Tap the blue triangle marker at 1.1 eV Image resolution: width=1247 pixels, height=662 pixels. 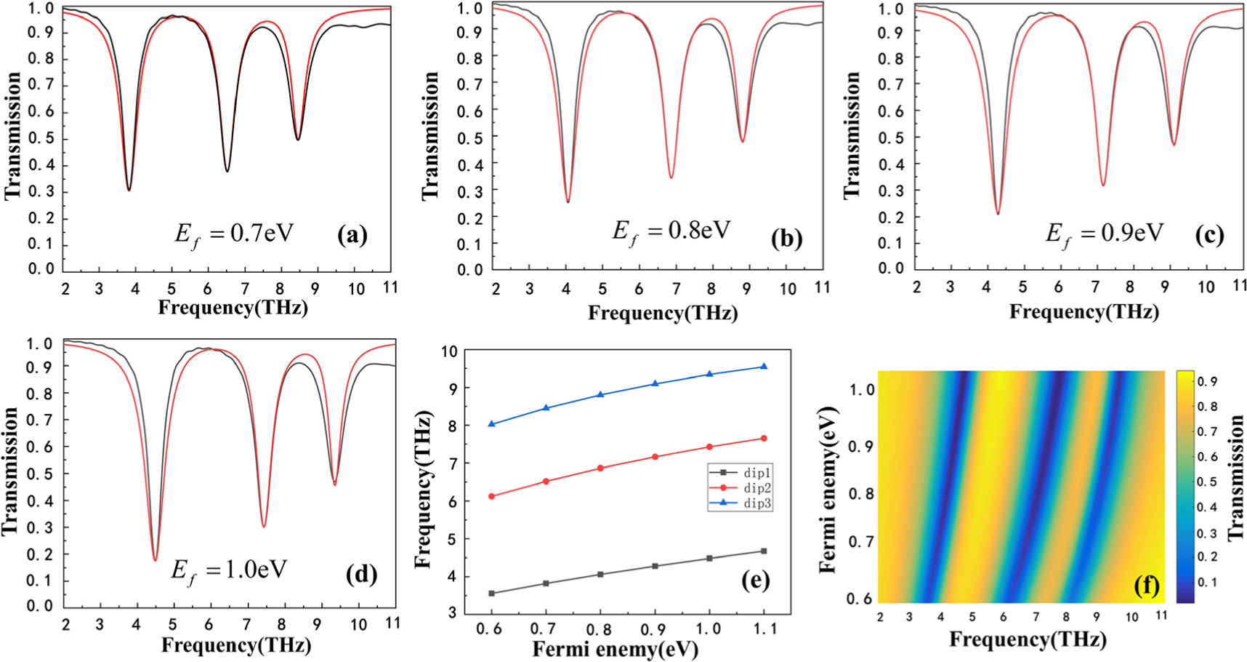click(x=764, y=367)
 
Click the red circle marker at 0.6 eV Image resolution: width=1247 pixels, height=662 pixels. click(x=492, y=496)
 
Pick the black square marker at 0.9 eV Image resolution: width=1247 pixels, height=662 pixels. click(x=655, y=566)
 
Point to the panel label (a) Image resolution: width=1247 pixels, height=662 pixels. click(x=352, y=235)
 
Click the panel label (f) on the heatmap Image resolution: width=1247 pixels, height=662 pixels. click(x=1146, y=585)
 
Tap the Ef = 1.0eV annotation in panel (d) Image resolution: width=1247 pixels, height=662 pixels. click(x=230, y=570)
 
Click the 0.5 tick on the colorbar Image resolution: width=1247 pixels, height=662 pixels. click(x=1207, y=482)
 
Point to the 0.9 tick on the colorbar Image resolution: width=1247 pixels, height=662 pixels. click(x=1207, y=381)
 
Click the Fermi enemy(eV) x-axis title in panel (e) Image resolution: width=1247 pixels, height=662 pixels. click(x=615, y=650)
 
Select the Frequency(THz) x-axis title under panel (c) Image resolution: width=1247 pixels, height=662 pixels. click(x=1083, y=312)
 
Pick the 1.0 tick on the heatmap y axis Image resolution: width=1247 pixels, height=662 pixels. click(x=862, y=390)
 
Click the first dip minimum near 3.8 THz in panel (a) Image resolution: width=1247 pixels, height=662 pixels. click(x=129, y=190)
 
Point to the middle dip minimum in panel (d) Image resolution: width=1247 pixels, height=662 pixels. click(x=264, y=526)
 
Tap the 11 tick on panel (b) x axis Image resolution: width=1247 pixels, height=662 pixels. click(x=822, y=288)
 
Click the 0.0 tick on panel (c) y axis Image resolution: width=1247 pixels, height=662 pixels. click(x=890, y=268)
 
